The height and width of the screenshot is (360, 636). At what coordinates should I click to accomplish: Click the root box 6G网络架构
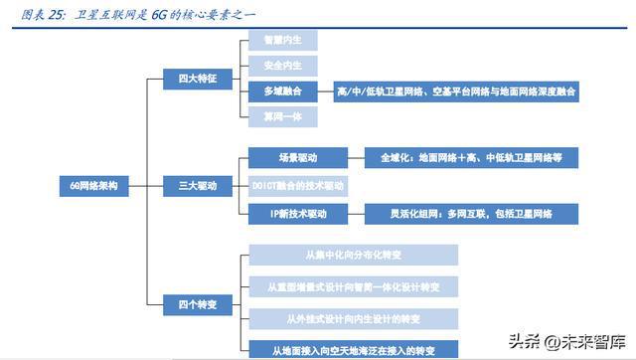(95, 186)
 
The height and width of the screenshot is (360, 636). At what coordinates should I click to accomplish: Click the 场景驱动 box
(296, 157)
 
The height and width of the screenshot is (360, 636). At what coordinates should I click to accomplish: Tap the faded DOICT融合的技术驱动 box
(296, 186)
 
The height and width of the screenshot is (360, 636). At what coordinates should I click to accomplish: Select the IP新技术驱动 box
(296, 213)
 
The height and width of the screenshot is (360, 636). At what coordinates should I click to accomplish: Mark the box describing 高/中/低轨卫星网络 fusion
(456, 90)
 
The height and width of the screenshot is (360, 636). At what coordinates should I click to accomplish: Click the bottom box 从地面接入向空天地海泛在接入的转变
(352, 349)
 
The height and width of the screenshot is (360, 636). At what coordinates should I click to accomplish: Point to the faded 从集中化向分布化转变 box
(352, 255)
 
